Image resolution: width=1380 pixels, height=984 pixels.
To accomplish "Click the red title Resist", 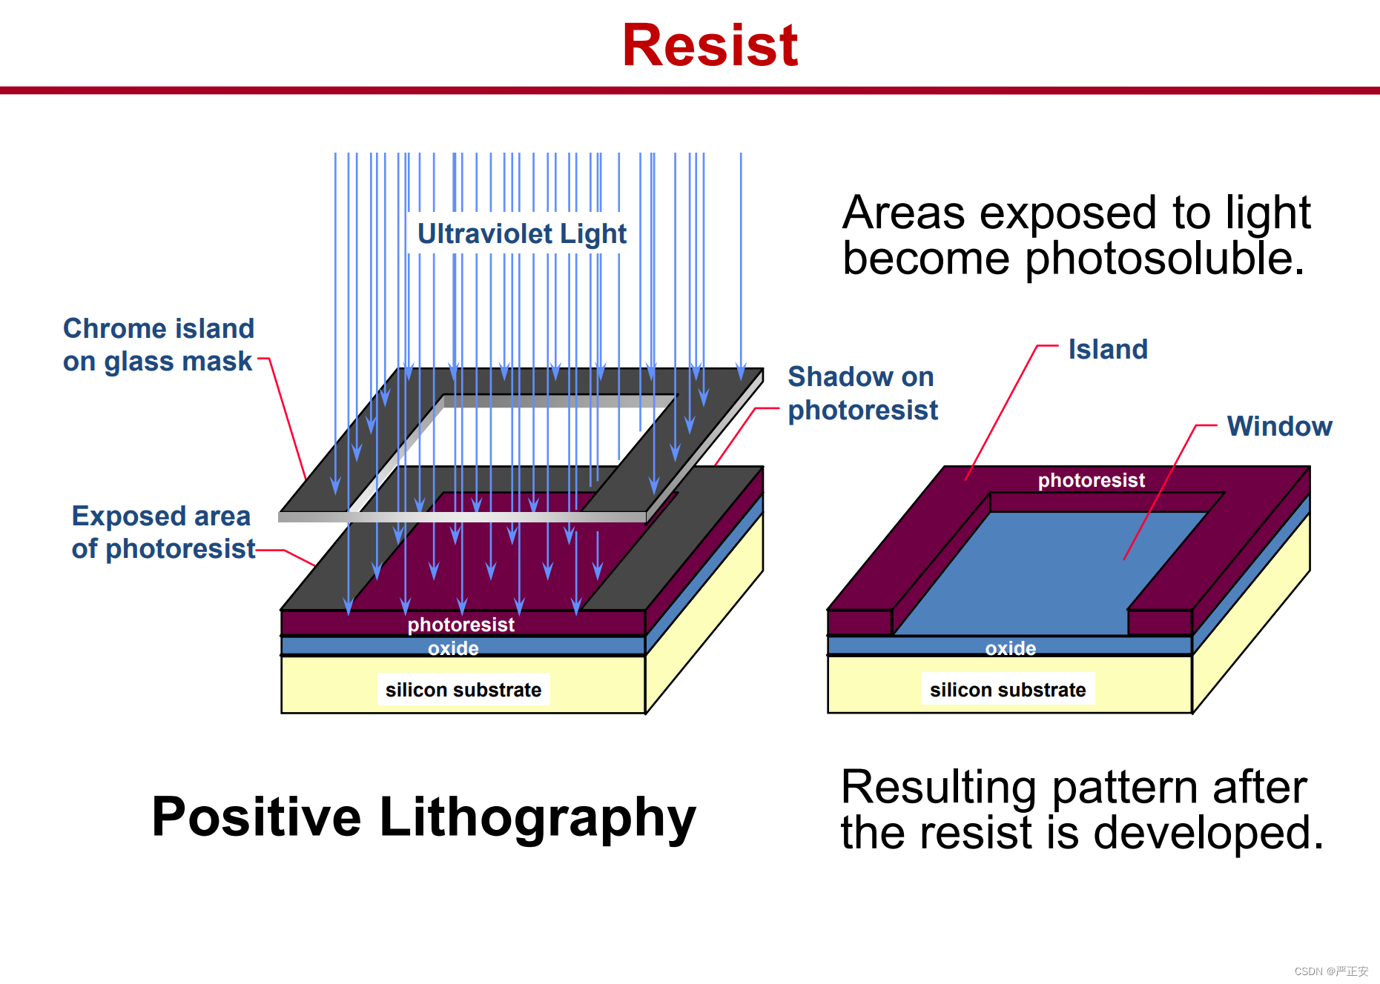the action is (710, 45).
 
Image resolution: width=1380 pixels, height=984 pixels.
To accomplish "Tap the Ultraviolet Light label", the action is (522, 233).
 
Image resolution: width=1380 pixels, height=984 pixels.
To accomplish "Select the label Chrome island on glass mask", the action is (158, 345).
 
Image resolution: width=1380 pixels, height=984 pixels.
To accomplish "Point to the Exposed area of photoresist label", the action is (163, 532).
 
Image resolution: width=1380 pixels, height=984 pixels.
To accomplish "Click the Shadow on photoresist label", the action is (862, 393).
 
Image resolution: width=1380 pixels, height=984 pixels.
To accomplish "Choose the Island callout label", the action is (1108, 349).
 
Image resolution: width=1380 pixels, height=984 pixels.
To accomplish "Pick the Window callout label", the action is (1279, 426).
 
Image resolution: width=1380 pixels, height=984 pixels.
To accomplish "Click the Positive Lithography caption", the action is (423, 817).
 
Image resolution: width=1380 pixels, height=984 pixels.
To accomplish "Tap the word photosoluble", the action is (1165, 259).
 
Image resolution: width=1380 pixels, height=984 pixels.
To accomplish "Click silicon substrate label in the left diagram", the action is (463, 690).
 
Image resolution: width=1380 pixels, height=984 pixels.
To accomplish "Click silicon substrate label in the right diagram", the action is (1008, 690).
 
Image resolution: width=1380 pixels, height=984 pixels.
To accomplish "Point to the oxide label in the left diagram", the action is (453, 648).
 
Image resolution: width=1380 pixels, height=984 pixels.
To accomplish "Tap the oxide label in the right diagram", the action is (1011, 648).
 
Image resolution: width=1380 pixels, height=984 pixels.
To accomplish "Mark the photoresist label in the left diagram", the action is (460, 625).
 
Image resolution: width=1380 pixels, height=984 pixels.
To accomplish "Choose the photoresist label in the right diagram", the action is (1092, 480).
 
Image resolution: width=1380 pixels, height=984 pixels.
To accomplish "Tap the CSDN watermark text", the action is (1331, 971).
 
